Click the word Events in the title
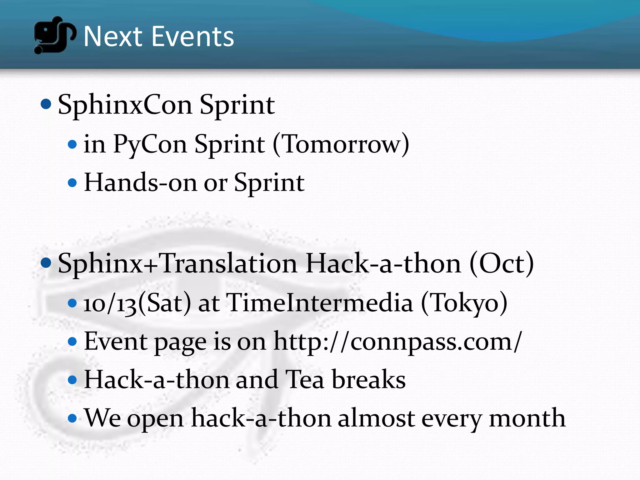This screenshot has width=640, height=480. click(x=193, y=37)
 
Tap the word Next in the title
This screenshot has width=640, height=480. click(x=113, y=37)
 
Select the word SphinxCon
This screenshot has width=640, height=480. click(x=125, y=106)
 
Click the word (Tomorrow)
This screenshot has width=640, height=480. click(x=341, y=145)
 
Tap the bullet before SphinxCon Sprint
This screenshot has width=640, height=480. click(x=46, y=104)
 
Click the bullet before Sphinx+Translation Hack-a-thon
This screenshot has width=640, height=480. click(x=46, y=263)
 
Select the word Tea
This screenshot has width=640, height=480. click(x=305, y=380)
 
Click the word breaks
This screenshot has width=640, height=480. click(x=368, y=380)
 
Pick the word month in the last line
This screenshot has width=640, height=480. click(x=527, y=418)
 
